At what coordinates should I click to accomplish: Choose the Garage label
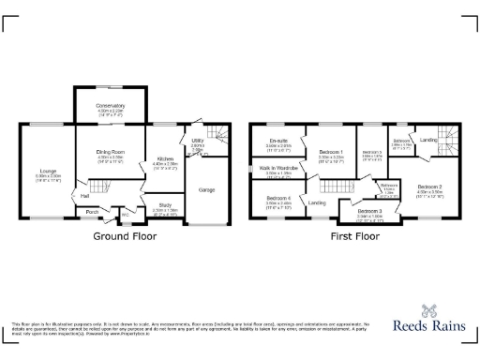pyautogui.click(x=207, y=190)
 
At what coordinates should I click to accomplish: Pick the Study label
pyautogui.click(x=165, y=206)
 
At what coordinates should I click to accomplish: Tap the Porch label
pyautogui.click(x=92, y=212)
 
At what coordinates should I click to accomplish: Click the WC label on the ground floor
pyautogui.click(x=124, y=214)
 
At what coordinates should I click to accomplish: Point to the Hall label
pyautogui.click(x=84, y=196)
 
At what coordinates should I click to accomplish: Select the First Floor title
pyautogui.click(x=354, y=236)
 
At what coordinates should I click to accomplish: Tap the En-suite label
pyautogui.click(x=278, y=141)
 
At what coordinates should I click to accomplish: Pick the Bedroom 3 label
pyautogui.click(x=362, y=212)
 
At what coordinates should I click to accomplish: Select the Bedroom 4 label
pyautogui.click(x=277, y=198)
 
